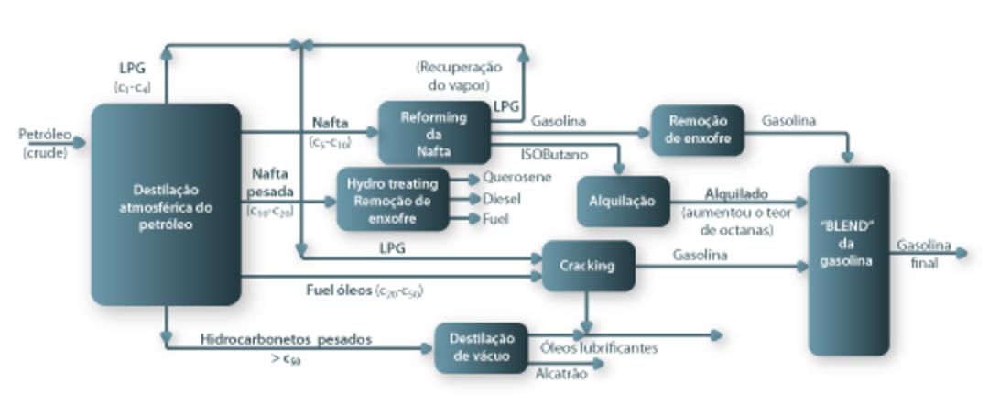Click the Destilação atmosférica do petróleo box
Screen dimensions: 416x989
click(x=166, y=203)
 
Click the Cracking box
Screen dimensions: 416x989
click(x=588, y=266)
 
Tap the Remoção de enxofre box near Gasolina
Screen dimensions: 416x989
click(x=698, y=130)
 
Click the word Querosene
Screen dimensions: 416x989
click(x=516, y=177)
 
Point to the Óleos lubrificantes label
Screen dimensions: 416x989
click(x=599, y=347)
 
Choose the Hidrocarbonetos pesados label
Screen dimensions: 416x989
click(x=286, y=338)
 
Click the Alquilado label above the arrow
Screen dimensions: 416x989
click(x=735, y=194)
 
